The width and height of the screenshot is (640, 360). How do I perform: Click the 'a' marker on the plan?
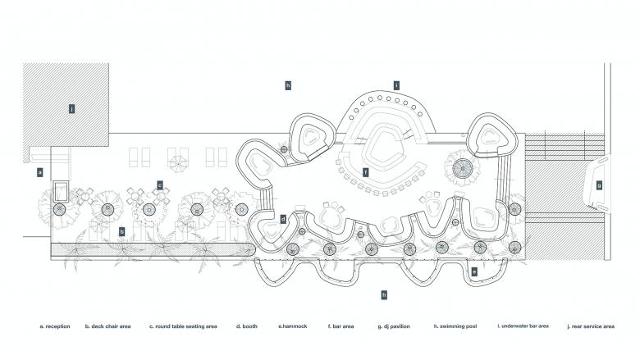(39, 172)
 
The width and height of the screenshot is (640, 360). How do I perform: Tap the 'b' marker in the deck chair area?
(122, 232)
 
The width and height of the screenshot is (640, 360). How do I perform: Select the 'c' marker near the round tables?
(160, 185)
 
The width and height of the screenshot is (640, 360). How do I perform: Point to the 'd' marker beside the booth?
(283, 219)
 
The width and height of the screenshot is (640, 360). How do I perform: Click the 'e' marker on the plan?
(474, 271)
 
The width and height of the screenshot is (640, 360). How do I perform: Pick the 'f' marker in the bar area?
(366, 172)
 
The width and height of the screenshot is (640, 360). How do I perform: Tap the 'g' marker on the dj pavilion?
(599, 185)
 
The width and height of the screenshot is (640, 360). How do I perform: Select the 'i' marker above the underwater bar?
(396, 85)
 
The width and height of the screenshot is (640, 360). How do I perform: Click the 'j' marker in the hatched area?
(72, 108)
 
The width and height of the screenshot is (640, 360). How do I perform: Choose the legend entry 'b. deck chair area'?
(107, 326)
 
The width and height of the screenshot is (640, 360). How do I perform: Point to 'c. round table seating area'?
(183, 326)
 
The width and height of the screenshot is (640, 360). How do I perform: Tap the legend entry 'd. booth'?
(247, 326)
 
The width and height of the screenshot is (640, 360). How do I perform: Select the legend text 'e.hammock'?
(292, 326)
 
